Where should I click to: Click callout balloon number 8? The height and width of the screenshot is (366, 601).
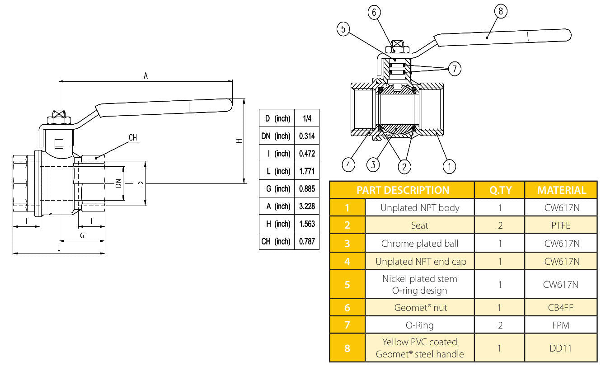coord(500,12)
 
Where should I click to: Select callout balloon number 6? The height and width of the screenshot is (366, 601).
coord(374,12)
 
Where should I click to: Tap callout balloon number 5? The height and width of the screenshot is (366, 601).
coord(343,29)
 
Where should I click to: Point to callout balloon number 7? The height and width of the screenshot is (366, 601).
coord(455,69)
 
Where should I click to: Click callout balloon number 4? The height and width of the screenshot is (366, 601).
coord(348,165)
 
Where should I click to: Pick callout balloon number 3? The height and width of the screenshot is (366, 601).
coord(373,165)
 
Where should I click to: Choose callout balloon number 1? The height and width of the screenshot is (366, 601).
coord(449,166)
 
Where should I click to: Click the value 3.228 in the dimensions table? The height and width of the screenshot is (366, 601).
coord(307,206)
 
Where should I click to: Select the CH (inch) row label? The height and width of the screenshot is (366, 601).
coord(276,241)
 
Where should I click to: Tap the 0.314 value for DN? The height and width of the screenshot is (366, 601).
coord(307,136)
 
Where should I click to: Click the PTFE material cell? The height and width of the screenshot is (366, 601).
coord(561,225)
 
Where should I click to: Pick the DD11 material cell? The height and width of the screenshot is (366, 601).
coord(561,348)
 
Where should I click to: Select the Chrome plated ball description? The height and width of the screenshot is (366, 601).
coord(419,244)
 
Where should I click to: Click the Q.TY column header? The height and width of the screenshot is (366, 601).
coord(500,190)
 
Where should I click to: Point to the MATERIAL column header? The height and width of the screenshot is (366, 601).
coord(561,190)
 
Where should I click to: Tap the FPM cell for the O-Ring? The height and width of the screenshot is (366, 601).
coord(561,325)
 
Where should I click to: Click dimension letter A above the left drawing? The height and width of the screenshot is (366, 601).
coord(146,76)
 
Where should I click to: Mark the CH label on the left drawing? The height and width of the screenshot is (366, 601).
coord(133,138)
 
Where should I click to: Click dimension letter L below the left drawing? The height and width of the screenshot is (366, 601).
coord(59,249)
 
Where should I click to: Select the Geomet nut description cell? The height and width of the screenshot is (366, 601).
coord(419,308)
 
